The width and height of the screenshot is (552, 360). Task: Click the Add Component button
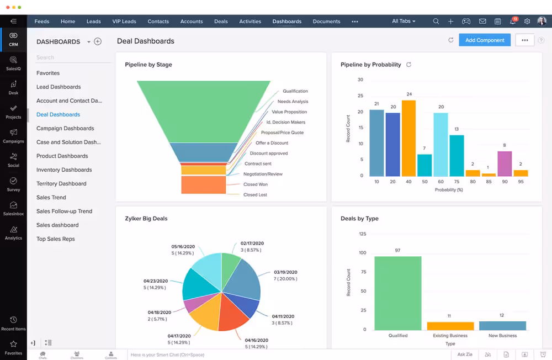coord(484,40)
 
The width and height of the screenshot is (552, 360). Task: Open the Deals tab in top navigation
coord(221,22)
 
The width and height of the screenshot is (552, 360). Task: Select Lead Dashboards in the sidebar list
coord(59,87)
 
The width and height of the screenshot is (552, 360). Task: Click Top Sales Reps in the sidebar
coord(55,239)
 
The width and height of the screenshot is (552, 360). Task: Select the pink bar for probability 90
coord(505,163)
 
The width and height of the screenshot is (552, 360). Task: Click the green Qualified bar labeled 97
coord(397,293)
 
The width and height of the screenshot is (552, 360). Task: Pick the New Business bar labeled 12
coord(502,326)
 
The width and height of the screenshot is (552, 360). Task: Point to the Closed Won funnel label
coord(256,184)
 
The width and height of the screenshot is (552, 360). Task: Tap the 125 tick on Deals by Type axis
coord(362,234)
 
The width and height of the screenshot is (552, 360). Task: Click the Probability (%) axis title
coord(448,189)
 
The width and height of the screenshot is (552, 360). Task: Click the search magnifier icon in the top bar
coord(436,22)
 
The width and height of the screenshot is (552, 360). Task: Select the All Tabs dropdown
coord(404,22)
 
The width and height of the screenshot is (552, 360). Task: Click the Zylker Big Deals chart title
coord(146,219)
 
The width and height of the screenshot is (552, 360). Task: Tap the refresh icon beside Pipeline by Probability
coord(408,65)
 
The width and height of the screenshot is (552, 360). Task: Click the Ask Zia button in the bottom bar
coord(465,354)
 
